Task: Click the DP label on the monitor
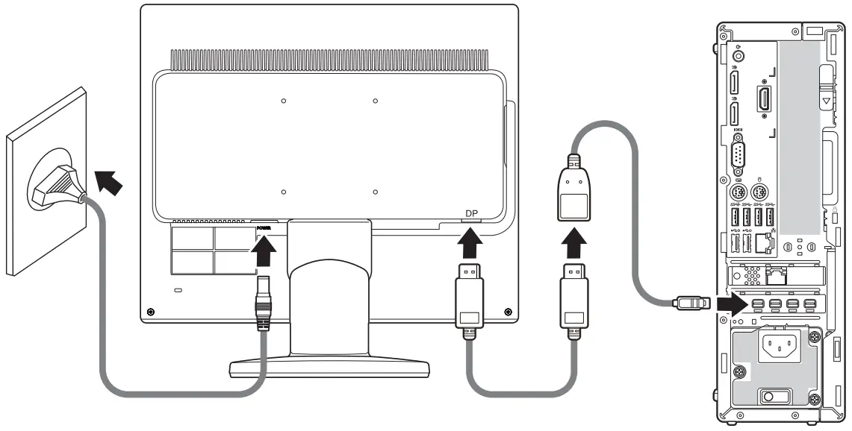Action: coord(471,214)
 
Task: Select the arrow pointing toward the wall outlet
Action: coord(105,182)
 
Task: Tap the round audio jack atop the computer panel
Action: coord(738,54)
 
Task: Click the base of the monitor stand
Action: coord(329,366)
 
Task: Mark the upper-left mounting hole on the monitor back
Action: coord(284,100)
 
